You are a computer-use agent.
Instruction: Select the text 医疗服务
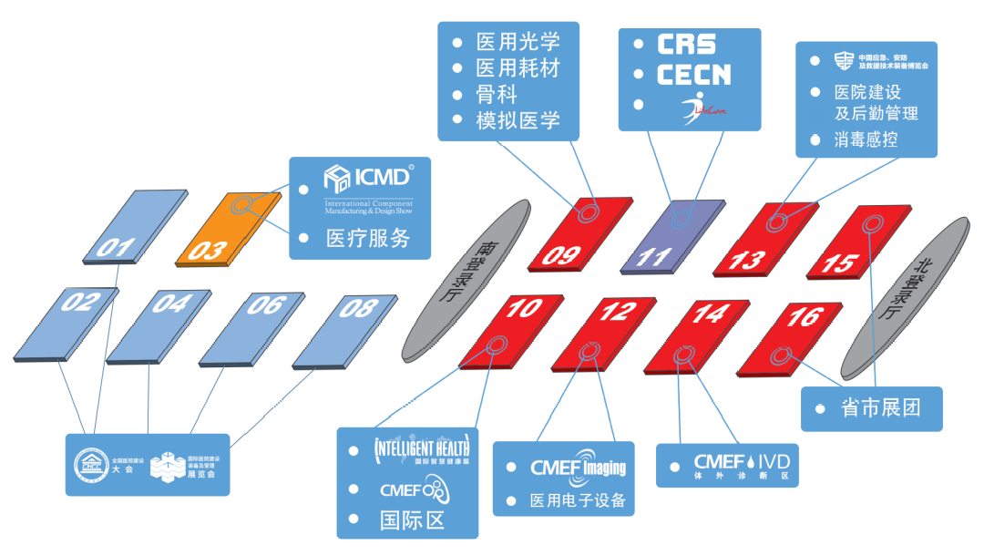click(x=368, y=239)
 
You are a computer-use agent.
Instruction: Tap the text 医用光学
click(x=518, y=42)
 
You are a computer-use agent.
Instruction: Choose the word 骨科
click(x=497, y=94)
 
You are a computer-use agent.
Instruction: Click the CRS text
click(x=686, y=44)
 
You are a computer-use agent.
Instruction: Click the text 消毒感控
click(x=866, y=140)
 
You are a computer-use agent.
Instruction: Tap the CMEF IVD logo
click(x=741, y=464)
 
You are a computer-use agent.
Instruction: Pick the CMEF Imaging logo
click(x=578, y=468)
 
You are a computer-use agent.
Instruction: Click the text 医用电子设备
click(x=578, y=501)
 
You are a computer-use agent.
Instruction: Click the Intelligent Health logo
click(x=422, y=450)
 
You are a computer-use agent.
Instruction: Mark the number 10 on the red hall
click(x=523, y=310)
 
